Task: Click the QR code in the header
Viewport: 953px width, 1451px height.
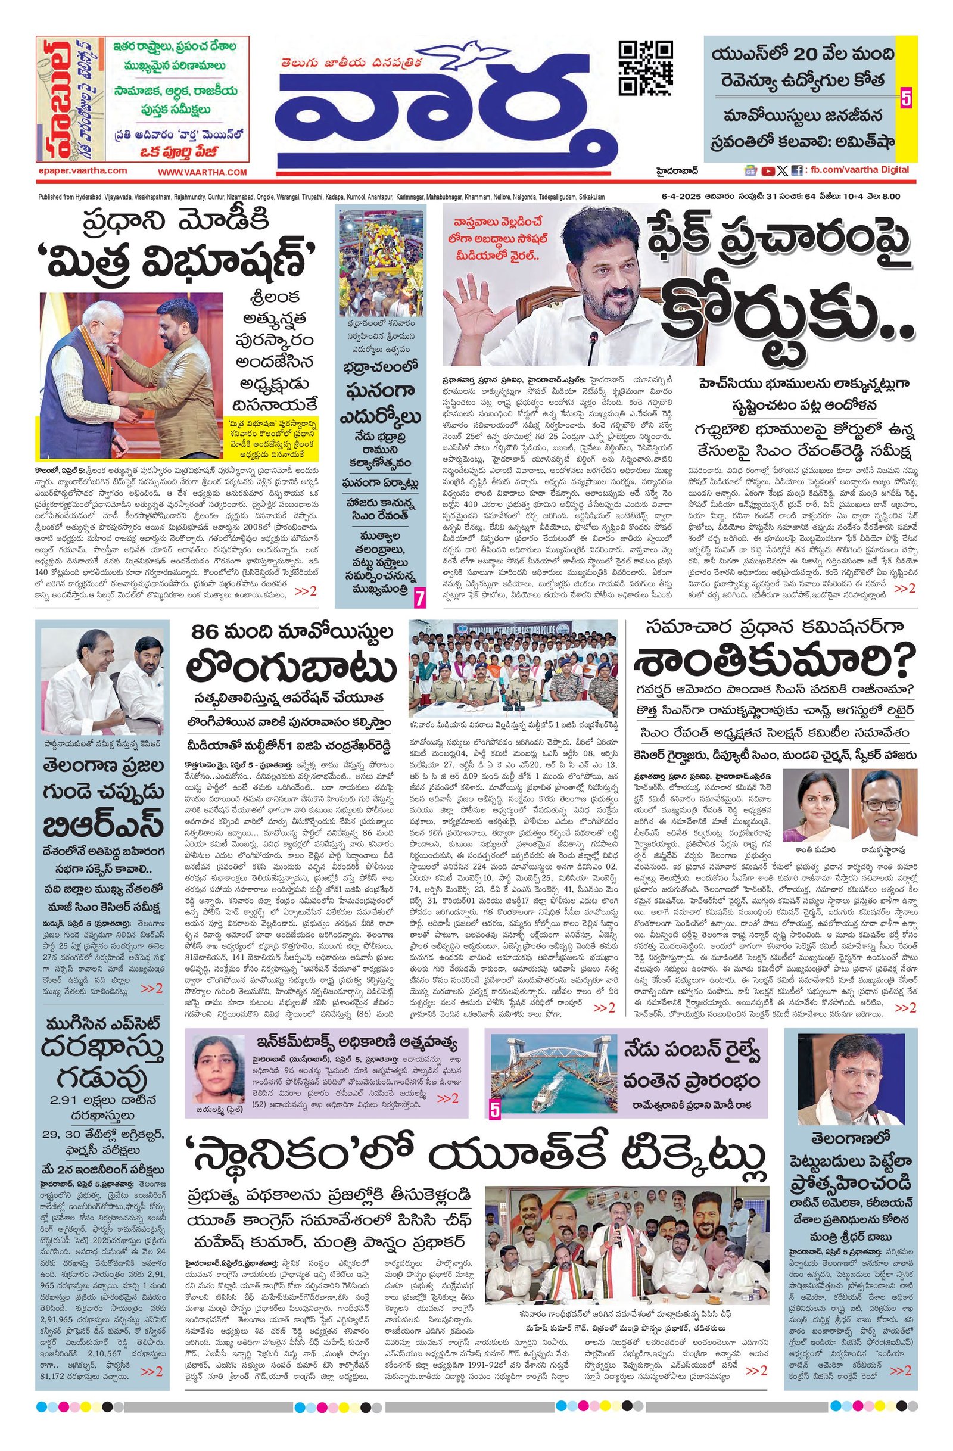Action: pyautogui.click(x=646, y=68)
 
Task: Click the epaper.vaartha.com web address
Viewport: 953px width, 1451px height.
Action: pyautogui.click(x=82, y=172)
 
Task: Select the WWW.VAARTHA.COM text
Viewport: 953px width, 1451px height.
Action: pyautogui.click(x=203, y=173)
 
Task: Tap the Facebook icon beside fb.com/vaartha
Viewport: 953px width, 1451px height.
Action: pyautogui.click(x=796, y=172)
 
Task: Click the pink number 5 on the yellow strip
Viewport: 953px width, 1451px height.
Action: pyautogui.click(x=906, y=98)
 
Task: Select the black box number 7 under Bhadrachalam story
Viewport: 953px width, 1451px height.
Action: pyautogui.click(x=419, y=599)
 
